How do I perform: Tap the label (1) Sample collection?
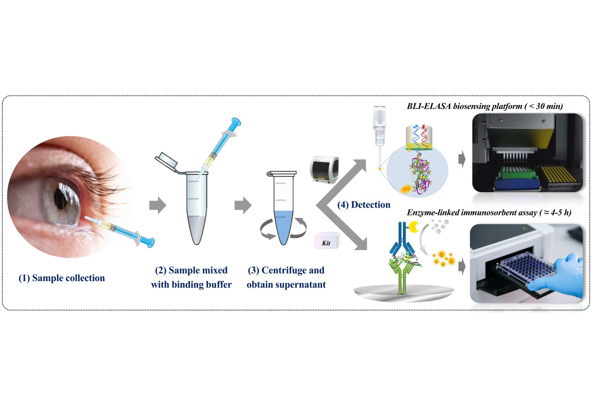coord(62,278)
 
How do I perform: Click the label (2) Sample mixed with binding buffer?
coord(191,277)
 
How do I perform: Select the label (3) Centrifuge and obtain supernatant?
coord(286,277)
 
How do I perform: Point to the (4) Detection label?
coord(364,204)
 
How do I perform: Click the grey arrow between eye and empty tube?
coord(157,205)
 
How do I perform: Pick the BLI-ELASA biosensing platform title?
coord(485,107)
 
